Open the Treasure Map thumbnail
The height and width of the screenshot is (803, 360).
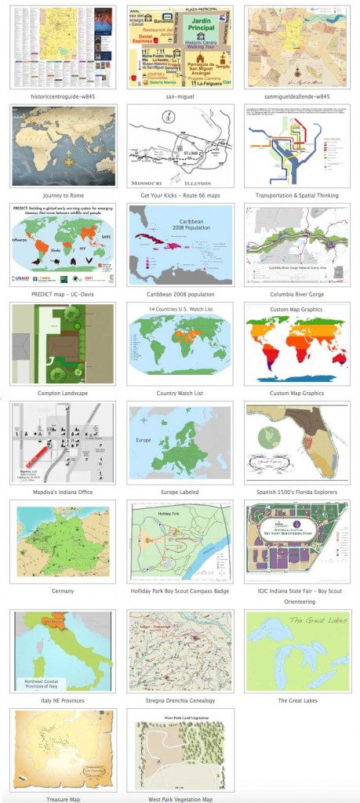(64, 750)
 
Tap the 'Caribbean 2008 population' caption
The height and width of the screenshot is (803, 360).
(180, 293)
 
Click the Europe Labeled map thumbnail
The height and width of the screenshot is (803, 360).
(180, 441)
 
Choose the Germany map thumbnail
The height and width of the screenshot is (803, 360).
(64, 540)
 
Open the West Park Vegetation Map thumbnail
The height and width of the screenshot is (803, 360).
(180, 750)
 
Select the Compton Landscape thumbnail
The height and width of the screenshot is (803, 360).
(64, 343)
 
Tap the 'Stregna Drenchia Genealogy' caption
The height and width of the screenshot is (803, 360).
(180, 699)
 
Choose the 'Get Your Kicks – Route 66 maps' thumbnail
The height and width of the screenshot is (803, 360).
(180, 145)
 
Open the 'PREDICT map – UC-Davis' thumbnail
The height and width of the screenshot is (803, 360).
(64, 244)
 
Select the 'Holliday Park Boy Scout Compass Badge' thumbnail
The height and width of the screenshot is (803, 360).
(180, 540)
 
